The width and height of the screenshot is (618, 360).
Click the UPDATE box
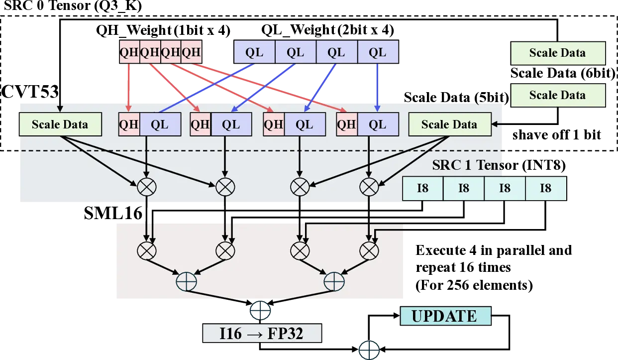(x=444, y=316)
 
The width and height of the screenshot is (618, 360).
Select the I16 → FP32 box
(x=261, y=333)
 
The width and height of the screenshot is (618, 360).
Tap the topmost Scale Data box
(x=557, y=53)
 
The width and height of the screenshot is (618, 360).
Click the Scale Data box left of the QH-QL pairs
(x=60, y=124)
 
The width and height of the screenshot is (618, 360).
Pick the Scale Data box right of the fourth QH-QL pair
(x=449, y=124)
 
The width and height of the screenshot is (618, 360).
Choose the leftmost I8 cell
(x=422, y=188)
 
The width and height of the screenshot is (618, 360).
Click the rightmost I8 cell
(x=546, y=188)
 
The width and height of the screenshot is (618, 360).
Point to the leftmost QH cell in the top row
(x=129, y=52)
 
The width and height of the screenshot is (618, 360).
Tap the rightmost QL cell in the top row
(x=378, y=52)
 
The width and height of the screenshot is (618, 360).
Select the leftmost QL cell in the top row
(x=254, y=52)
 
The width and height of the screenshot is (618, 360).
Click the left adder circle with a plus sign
(x=187, y=282)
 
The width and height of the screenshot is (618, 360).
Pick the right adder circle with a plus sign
(x=334, y=282)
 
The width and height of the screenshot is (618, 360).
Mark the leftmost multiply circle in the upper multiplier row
(x=146, y=187)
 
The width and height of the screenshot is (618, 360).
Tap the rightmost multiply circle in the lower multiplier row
(x=369, y=249)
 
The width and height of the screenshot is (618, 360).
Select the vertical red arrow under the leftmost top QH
(x=129, y=87)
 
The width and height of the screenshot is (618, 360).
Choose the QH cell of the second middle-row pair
(x=201, y=124)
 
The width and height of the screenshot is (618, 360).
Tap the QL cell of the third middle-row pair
(x=304, y=124)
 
